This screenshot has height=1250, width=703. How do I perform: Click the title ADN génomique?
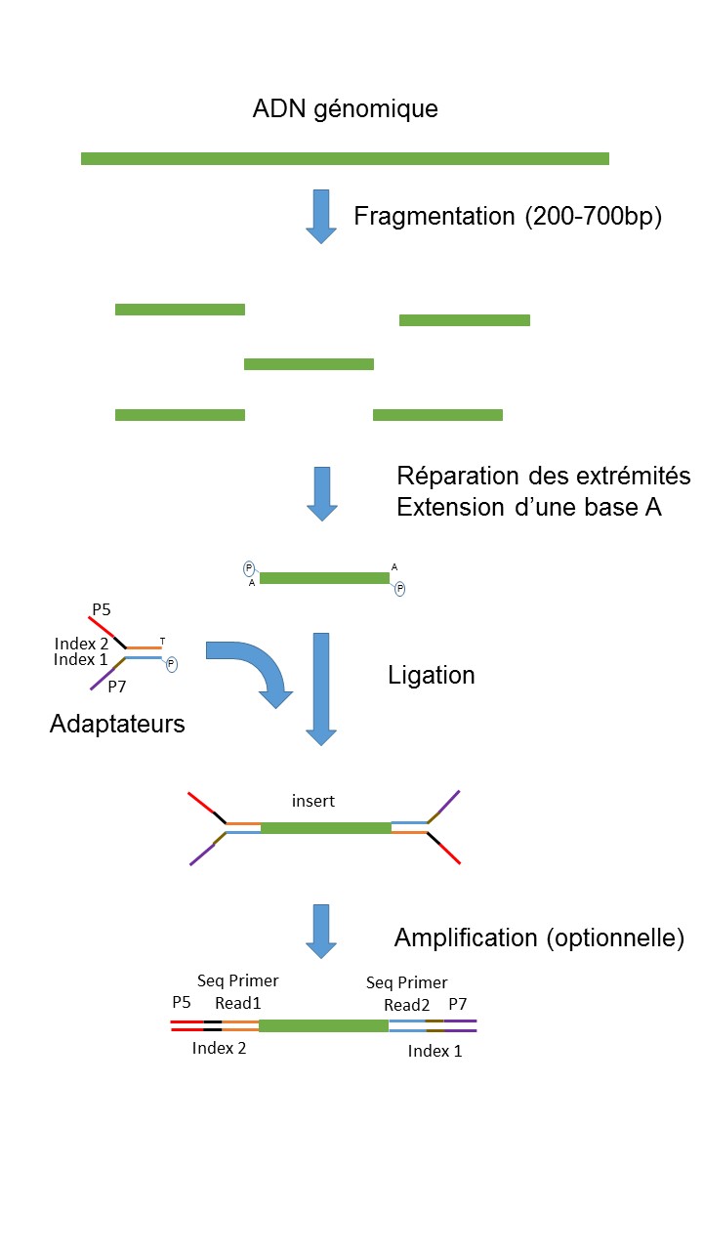(346, 108)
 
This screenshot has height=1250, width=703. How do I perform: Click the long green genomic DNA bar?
(345, 158)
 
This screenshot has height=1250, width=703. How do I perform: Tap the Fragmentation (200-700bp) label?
(508, 217)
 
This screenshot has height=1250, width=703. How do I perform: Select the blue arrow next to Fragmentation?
(321, 217)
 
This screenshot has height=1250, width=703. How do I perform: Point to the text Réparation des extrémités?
(544, 476)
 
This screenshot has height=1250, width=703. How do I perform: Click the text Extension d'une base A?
(529, 507)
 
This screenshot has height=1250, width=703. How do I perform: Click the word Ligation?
(432, 675)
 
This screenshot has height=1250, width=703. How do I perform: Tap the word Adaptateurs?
(117, 724)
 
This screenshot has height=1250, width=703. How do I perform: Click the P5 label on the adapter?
(102, 609)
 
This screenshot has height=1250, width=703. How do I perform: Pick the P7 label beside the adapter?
(117, 687)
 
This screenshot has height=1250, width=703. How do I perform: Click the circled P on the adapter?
(172, 664)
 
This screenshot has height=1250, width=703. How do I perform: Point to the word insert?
(313, 801)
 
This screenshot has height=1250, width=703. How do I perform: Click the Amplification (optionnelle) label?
(539, 938)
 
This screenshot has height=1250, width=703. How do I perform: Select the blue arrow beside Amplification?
(321, 932)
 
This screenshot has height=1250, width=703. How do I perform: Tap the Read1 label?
(238, 1003)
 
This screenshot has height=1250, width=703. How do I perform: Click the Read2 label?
(407, 1005)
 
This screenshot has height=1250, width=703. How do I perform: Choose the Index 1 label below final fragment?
(435, 1051)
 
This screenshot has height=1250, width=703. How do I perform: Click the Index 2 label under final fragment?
(220, 1048)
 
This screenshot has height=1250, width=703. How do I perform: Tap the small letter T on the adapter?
(162, 642)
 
